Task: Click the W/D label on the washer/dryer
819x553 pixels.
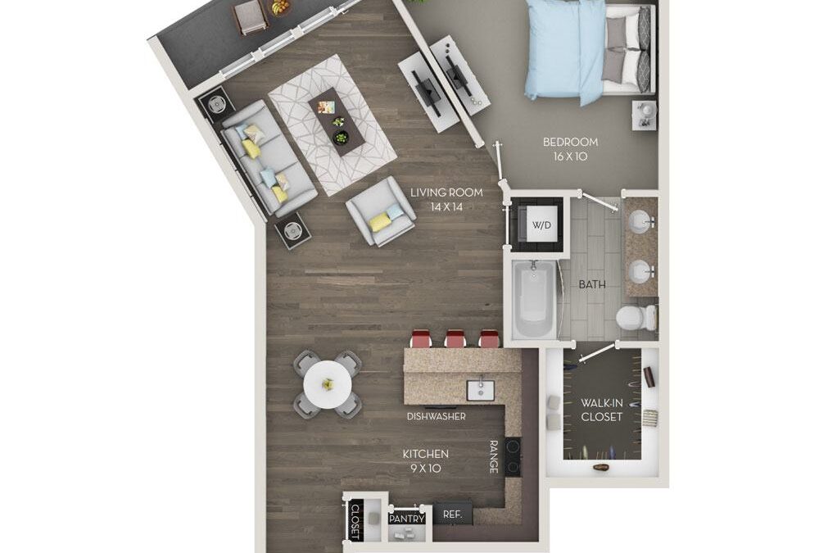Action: pos(541,224)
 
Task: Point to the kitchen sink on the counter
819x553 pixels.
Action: pos(478,388)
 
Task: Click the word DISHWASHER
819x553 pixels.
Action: pos(437,416)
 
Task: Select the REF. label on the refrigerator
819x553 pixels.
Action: pos(453,514)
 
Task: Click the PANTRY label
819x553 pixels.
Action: pos(406,519)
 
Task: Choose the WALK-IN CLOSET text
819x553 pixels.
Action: pos(602,410)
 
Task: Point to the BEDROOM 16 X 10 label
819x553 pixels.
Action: pos(570,148)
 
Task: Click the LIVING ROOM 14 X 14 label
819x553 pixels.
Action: pos(446,199)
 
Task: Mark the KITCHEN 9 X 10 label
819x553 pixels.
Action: pos(425,460)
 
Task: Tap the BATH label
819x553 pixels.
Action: pos(591,285)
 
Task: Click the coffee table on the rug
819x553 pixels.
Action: pos(337,119)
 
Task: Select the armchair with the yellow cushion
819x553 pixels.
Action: pos(379,211)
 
